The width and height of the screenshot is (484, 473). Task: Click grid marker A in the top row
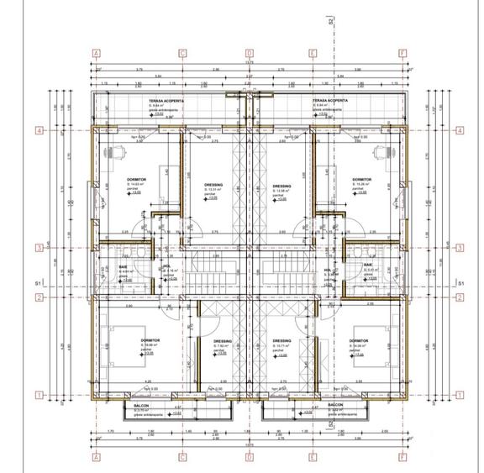97,52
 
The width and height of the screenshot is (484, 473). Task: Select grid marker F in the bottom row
402,457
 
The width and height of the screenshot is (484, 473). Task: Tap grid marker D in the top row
249,52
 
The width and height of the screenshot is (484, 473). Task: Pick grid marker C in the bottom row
182,457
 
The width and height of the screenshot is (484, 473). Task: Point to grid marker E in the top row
313,52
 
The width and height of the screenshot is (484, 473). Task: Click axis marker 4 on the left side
39,130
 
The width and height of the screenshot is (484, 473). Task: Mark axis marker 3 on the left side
39,247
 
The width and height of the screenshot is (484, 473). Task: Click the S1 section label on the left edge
38,285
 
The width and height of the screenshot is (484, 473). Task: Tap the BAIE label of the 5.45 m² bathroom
367,265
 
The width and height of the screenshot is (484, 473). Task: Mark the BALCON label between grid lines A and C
142,405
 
